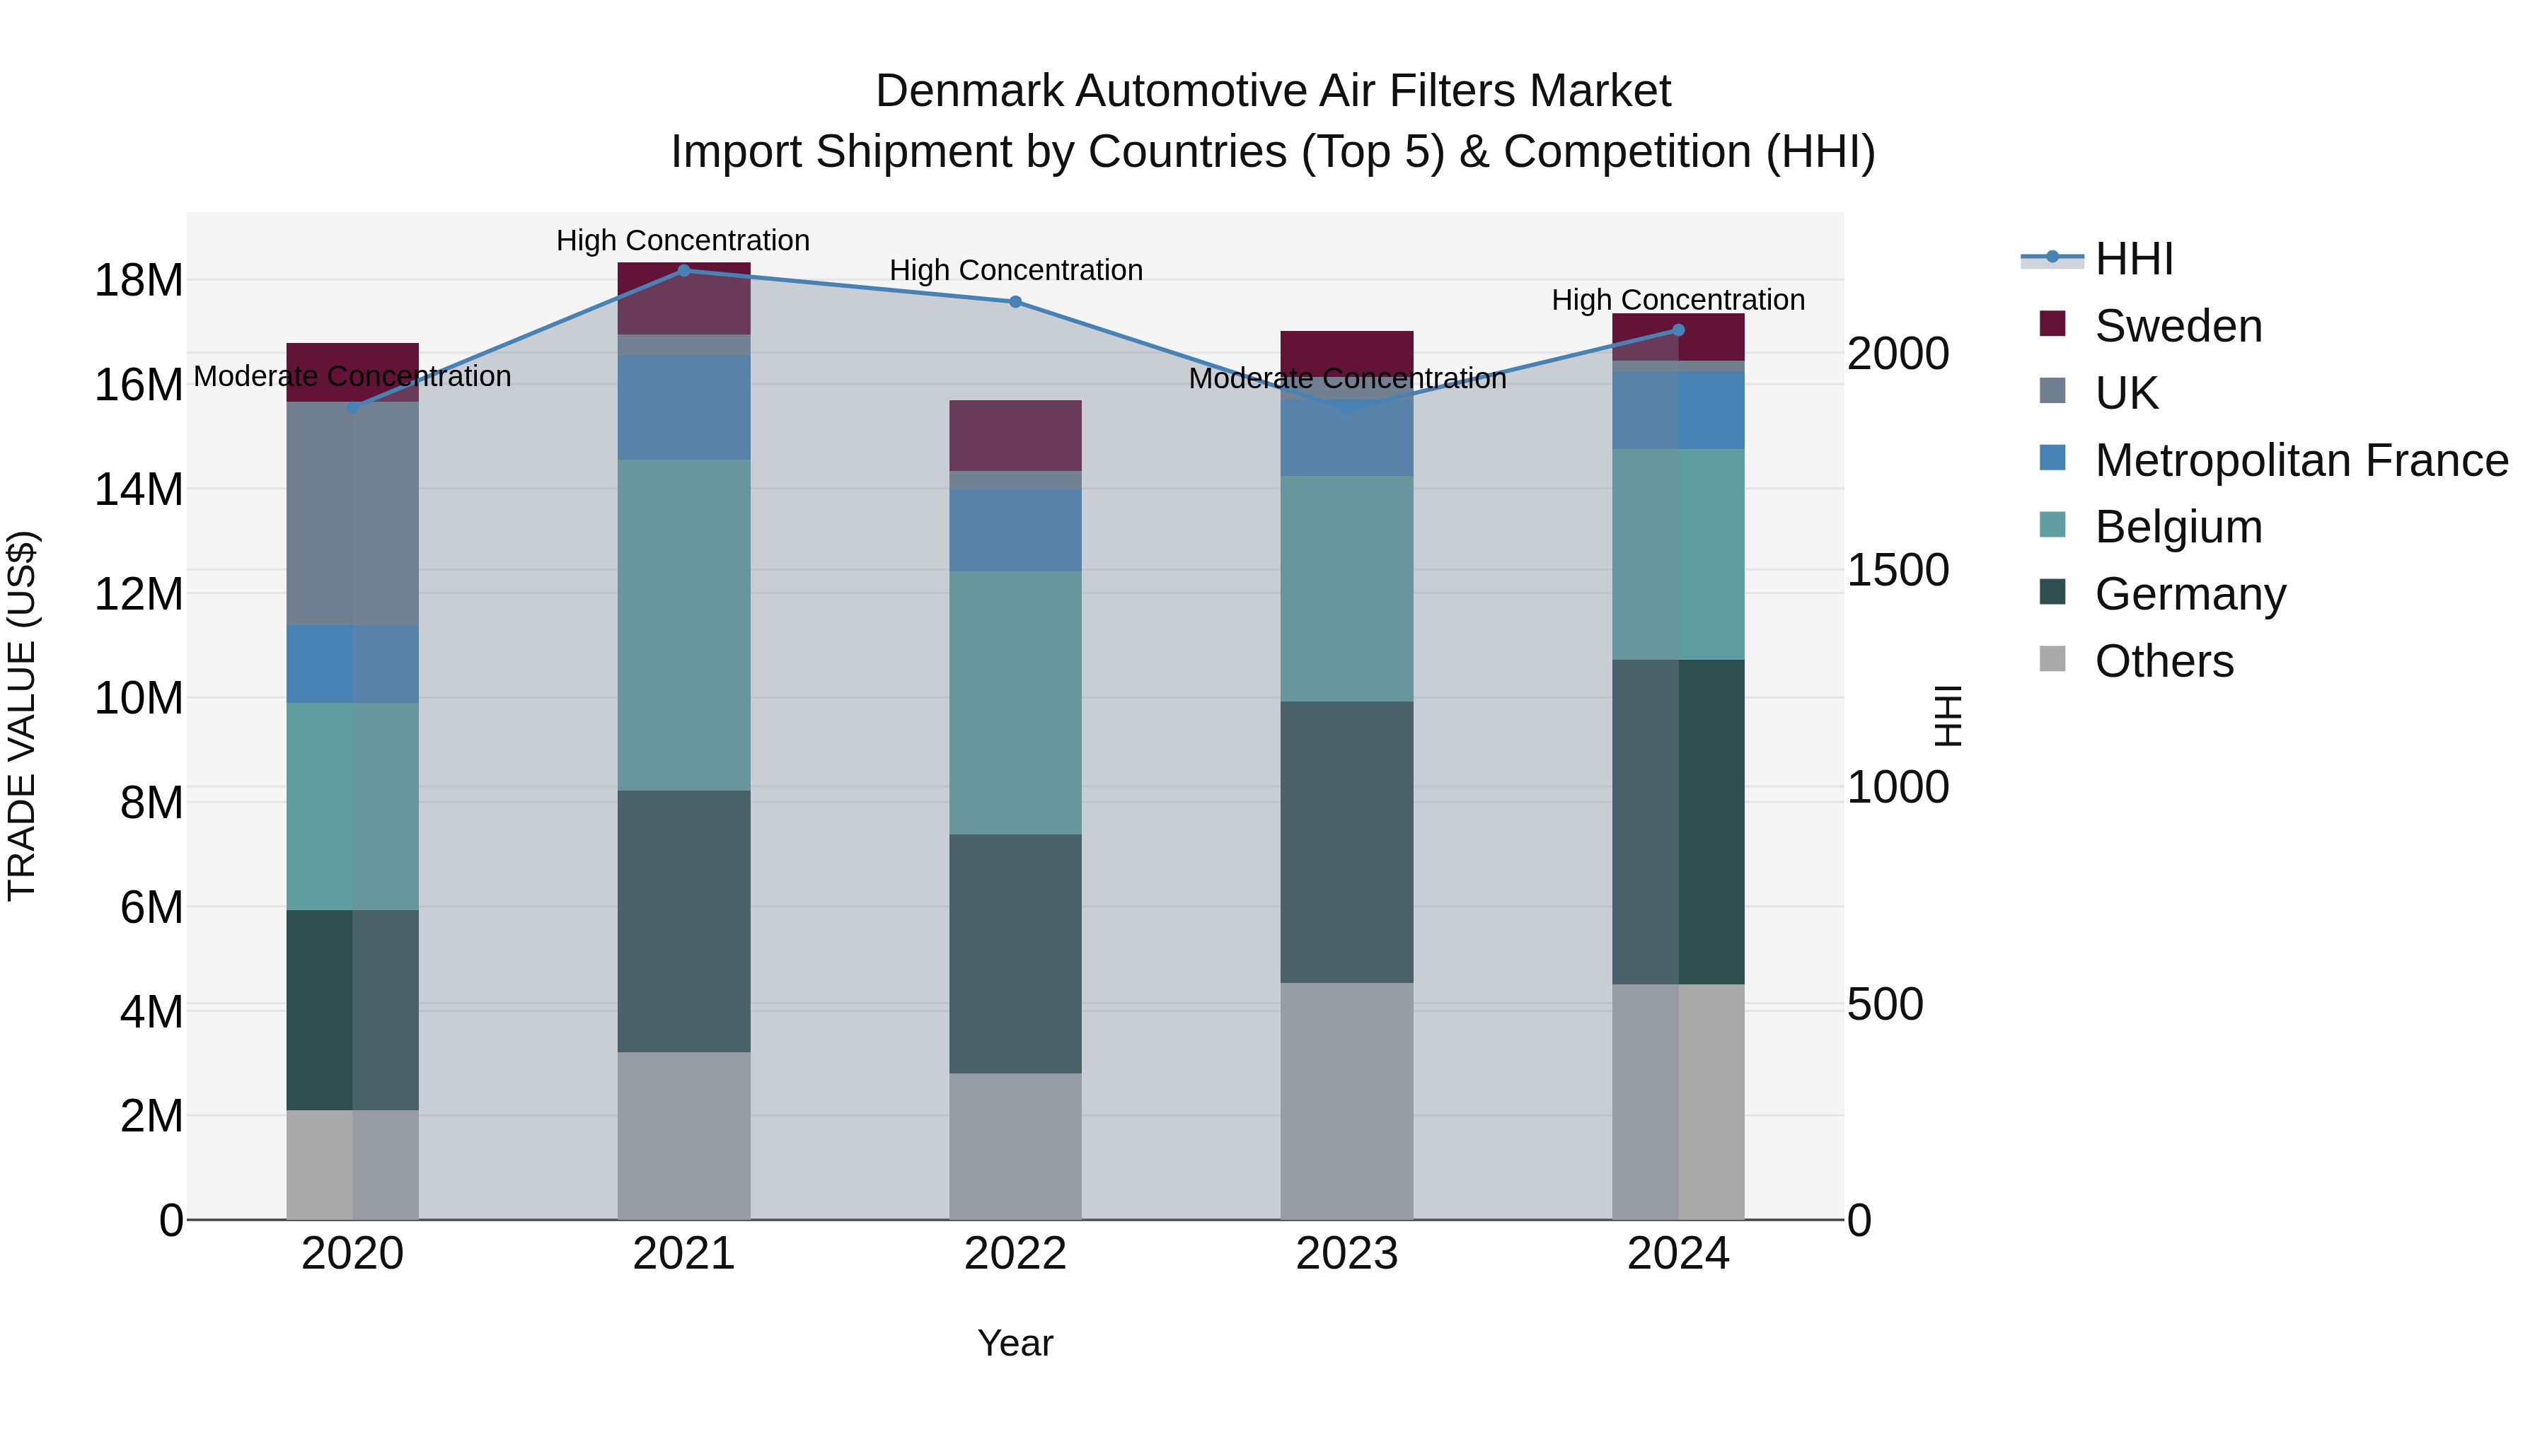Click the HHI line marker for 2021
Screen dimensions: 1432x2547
pyautogui.click(x=683, y=271)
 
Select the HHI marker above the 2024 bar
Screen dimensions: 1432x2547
pyautogui.click(x=1678, y=330)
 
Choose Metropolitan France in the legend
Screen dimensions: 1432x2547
pyautogui.click(x=2300, y=460)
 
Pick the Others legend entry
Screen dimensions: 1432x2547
pyautogui.click(x=2164, y=661)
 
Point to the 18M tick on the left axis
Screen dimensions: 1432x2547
pyautogui.click(x=139, y=281)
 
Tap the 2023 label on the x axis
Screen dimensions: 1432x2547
pyautogui.click(x=1346, y=1254)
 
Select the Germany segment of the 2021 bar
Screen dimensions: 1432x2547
pyautogui.click(x=683, y=921)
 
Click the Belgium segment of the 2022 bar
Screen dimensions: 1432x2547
pyautogui.click(x=1015, y=703)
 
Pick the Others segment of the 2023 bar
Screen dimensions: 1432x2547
pyautogui.click(x=1346, y=1101)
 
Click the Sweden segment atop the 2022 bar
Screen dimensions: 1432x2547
pyautogui.click(x=1015, y=436)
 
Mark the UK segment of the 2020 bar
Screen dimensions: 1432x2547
pyautogui.click(x=353, y=514)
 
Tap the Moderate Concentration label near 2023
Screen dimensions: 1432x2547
pyautogui.click(x=1346, y=378)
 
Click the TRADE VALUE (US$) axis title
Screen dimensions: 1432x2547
pyautogui.click(x=22, y=716)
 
